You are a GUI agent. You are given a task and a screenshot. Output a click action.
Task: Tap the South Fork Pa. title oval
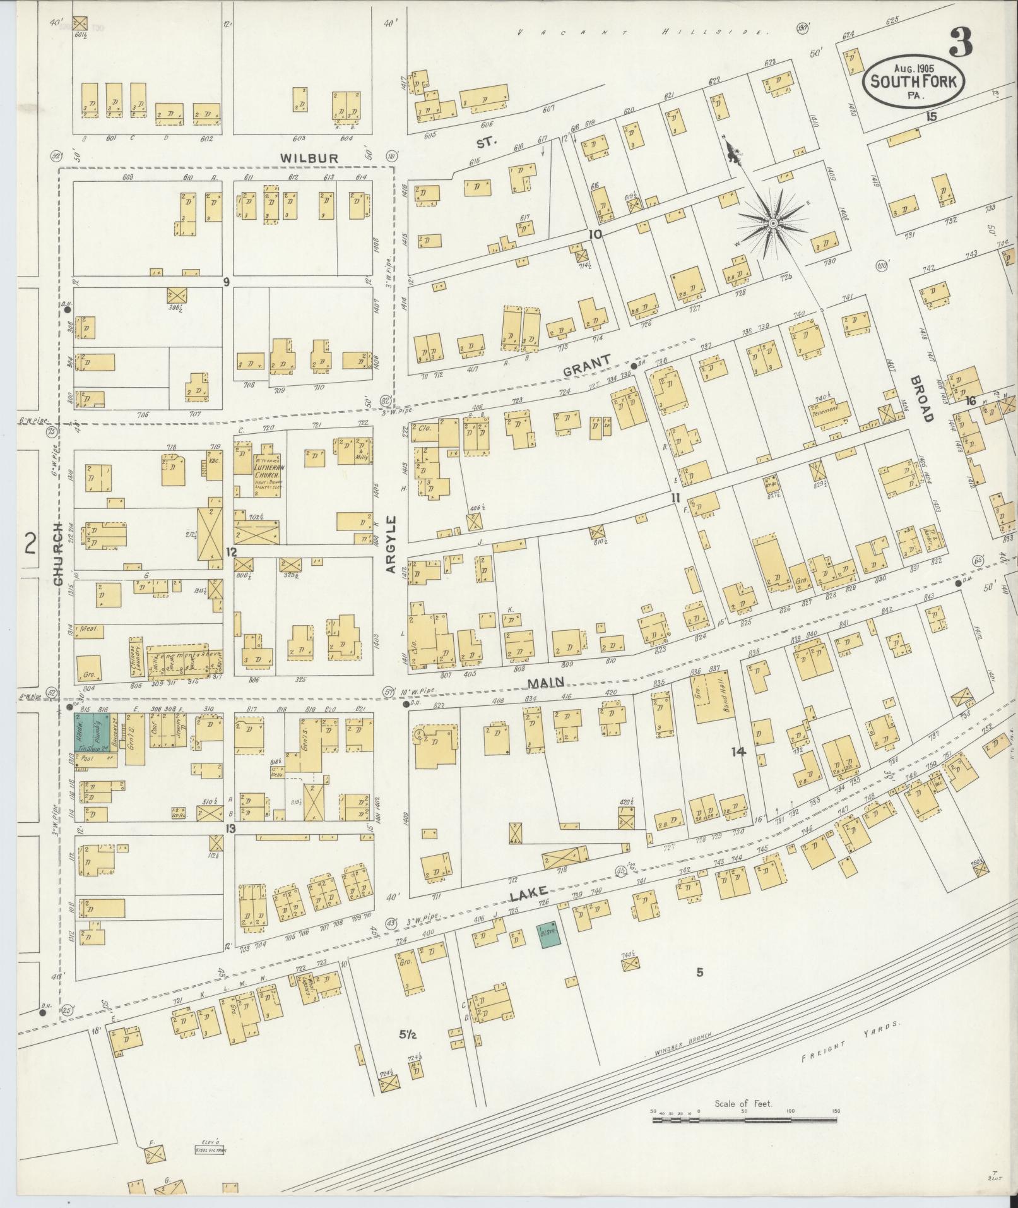click(913, 82)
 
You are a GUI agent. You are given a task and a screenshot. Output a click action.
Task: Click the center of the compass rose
click(772, 223)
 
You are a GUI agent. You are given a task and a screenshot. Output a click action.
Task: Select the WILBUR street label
click(310, 157)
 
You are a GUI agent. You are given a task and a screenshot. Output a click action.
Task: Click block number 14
click(738, 751)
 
